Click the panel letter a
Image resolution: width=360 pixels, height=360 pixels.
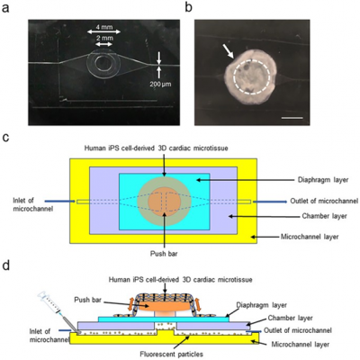tap(7, 7)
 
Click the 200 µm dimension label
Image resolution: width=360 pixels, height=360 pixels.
tap(149, 88)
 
